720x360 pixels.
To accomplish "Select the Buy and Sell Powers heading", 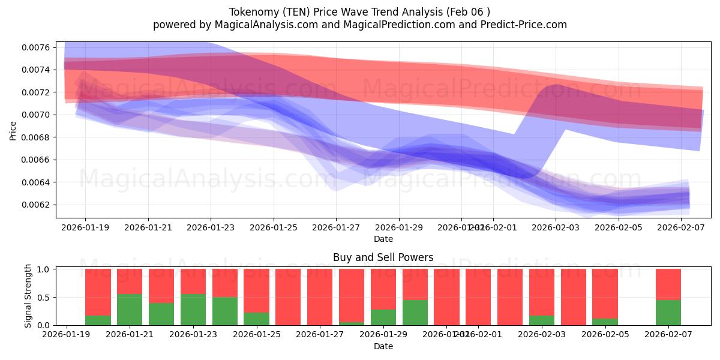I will point(383,257).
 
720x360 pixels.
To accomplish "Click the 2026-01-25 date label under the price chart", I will point(274,228).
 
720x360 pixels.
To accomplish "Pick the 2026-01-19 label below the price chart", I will point(85,228).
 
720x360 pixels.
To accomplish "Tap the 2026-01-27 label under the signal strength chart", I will point(320,335).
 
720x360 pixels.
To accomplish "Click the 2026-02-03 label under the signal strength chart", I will point(542,335).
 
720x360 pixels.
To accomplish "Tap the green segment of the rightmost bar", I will point(668,313).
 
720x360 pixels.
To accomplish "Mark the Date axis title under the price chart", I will point(383,239).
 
